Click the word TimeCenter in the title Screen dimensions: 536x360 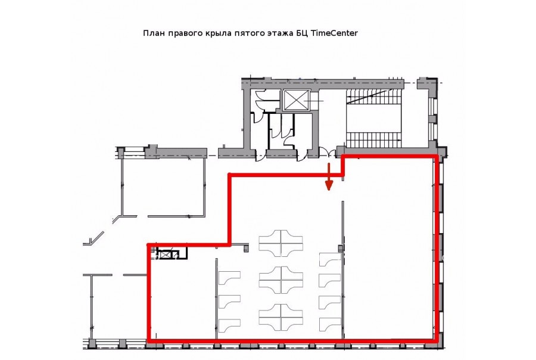click(335, 33)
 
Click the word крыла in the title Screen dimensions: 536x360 click(219, 33)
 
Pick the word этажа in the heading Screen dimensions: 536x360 click(281, 33)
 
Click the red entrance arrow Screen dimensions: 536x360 click(329, 176)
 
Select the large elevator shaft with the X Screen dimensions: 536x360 click(296, 100)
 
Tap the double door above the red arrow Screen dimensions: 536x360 click(327, 152)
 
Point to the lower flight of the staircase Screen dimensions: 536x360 click(373, 139)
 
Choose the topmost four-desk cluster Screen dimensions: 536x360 click(281, 243)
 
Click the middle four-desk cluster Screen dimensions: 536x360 click(281, 280)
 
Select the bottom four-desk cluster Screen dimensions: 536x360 click(281, 316)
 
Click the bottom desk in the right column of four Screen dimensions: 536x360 click(330, 324)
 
